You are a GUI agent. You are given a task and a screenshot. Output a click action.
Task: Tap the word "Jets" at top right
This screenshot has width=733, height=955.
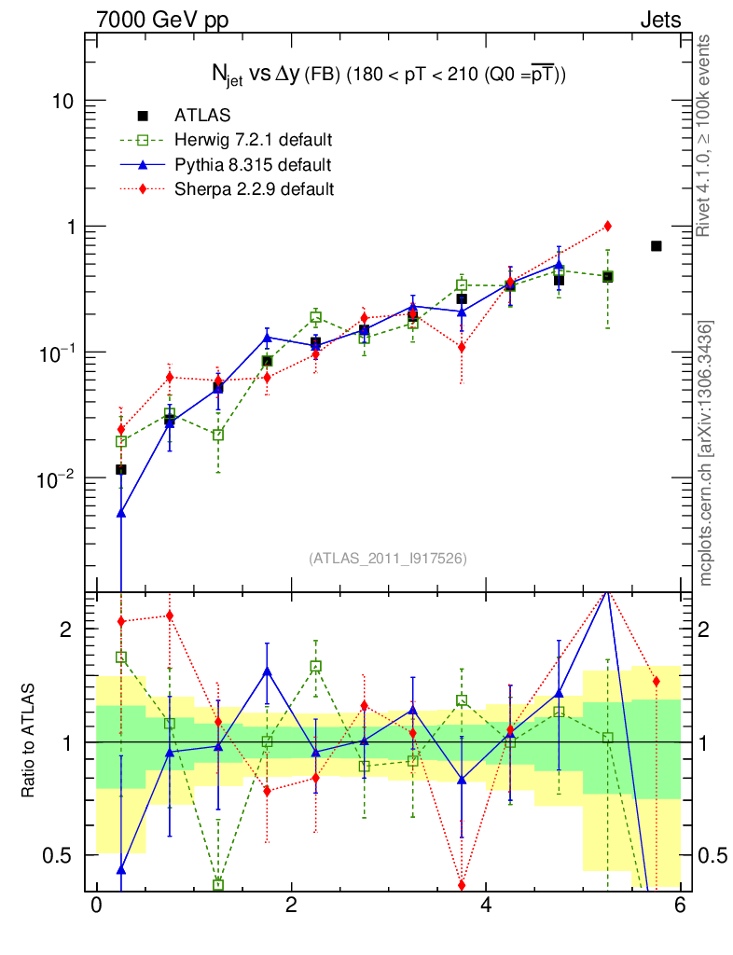click(x=659, y=19)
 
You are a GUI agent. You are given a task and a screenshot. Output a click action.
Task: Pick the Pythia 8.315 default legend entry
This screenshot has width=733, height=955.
click(x=252, y=165)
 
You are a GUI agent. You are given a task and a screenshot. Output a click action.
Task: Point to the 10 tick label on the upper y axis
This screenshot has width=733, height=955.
click(x=62, y=101)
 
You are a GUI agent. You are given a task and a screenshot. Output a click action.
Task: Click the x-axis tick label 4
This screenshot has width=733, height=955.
click(x=486, y=906)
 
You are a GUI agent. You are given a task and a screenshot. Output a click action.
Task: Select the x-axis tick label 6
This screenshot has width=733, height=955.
click(x=681, y=906)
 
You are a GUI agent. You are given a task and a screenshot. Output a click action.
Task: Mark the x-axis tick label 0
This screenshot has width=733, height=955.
click(x=96, y=906)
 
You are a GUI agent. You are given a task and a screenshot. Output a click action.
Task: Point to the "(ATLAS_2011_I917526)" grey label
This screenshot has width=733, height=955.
click(x=388, y=558)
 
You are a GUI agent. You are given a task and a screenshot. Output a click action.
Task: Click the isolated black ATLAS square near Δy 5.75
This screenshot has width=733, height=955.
click(x=656, y=246)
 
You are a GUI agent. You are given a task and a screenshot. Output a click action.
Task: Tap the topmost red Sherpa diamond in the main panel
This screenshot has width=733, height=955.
click(x=607, y=226)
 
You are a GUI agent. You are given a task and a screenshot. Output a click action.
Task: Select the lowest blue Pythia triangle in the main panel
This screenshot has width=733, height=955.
click(x=120, y=513)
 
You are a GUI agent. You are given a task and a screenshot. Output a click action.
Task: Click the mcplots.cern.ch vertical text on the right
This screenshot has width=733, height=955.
click(x=706, y=453)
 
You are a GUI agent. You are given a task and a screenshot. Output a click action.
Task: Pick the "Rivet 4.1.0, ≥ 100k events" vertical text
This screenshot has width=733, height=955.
click(x=706, y=135)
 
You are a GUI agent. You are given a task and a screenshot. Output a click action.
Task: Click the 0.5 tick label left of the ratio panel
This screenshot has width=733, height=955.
click(x=62, y=854)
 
